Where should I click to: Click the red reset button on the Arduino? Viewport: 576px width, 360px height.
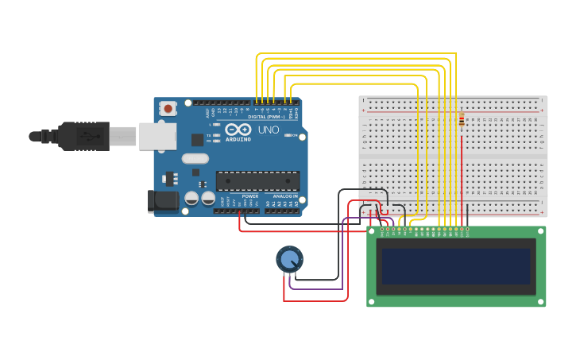click(x=168, y=108)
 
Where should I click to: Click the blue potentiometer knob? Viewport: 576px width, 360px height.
click(x=289, y=259)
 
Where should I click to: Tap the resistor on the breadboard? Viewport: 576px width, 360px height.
click(x=462, y=122)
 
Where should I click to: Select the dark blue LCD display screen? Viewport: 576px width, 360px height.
click(x=455, y=266)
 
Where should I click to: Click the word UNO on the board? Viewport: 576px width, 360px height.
click(x=268, y=130)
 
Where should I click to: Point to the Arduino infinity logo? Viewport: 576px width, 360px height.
click(x=238, y=130)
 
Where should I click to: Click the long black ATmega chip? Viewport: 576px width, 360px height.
click(x=257, y=181)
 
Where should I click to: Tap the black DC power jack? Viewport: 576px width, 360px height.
click(x=164, y=201)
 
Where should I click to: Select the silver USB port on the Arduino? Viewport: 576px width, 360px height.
click(x=157, y=136)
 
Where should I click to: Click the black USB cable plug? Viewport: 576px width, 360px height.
click(x=83, y=136)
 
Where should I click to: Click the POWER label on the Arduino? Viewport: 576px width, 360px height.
click(x=250, y=196)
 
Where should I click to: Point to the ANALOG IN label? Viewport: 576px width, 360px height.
click(x=285, y=196)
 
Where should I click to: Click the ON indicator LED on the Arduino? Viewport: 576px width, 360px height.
click(x=288, y=135)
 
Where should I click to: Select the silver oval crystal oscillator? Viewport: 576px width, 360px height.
click(x=195, y=158)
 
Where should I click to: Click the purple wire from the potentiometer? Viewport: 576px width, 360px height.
click(x=342, y=254)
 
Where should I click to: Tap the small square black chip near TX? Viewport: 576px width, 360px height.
click(x=197, y=140)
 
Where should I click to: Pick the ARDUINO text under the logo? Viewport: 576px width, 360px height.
click(x=238, y=139)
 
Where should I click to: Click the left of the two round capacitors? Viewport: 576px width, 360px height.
click(x=191, y=198)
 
